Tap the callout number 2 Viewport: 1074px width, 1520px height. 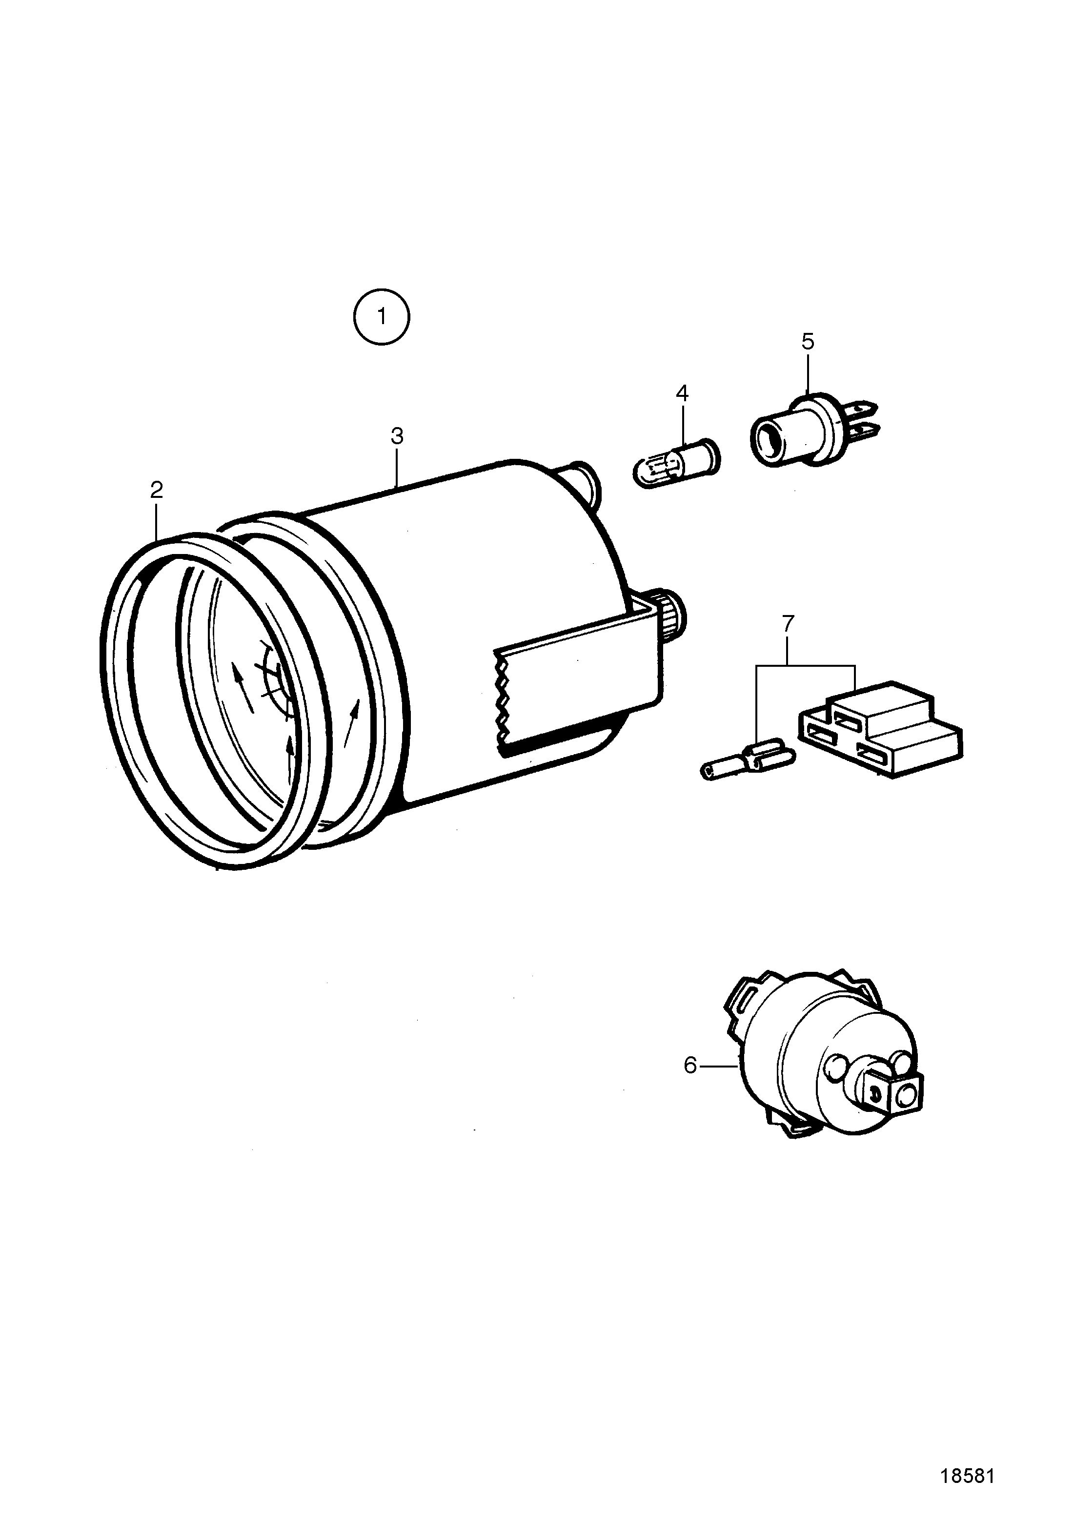click(x=156, y=491)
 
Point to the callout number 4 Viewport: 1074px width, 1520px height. click(x=682, y=394)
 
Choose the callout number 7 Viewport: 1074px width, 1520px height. click(x=788, y=624)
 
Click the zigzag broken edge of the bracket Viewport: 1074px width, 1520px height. click(x=504, y=702)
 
